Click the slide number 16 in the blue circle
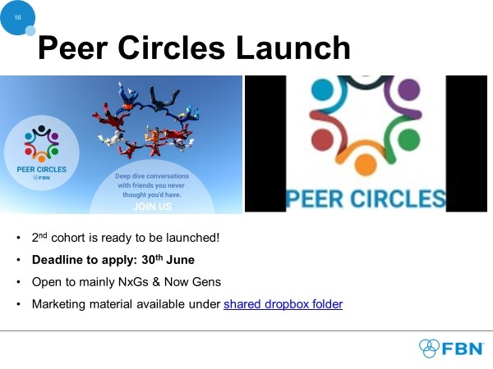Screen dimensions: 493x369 tap(17, 17)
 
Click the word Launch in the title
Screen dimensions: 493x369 tap(293, 48)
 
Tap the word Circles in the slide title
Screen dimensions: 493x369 tap(172, 48)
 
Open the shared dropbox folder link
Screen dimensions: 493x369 tap(283, 304)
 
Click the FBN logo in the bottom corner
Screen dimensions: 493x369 tap(451, 348)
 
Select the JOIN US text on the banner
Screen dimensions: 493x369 tap(152, 207)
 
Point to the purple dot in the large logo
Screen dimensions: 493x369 tap(408, 89)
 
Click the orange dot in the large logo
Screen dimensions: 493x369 tap(366, 165)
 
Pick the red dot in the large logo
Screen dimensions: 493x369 tap(323, 139)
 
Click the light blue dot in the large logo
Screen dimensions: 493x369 tap(323, 89)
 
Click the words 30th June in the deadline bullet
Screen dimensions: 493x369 tap(168, 260)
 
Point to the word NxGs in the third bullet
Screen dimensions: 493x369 tap(133, 282)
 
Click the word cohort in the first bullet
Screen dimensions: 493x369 tap(68, 238)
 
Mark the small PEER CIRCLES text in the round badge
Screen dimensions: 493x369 tap(42, 170)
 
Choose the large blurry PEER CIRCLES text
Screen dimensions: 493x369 tap(366, 198)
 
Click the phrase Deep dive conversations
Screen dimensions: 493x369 tap(152, 176)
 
